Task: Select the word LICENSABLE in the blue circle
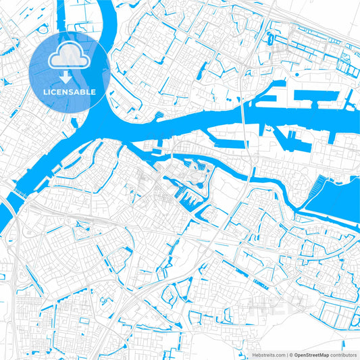70,92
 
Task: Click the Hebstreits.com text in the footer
267,354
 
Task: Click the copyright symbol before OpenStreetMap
289,354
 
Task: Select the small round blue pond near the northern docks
271,41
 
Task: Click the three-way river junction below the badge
95,128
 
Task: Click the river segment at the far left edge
3,216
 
